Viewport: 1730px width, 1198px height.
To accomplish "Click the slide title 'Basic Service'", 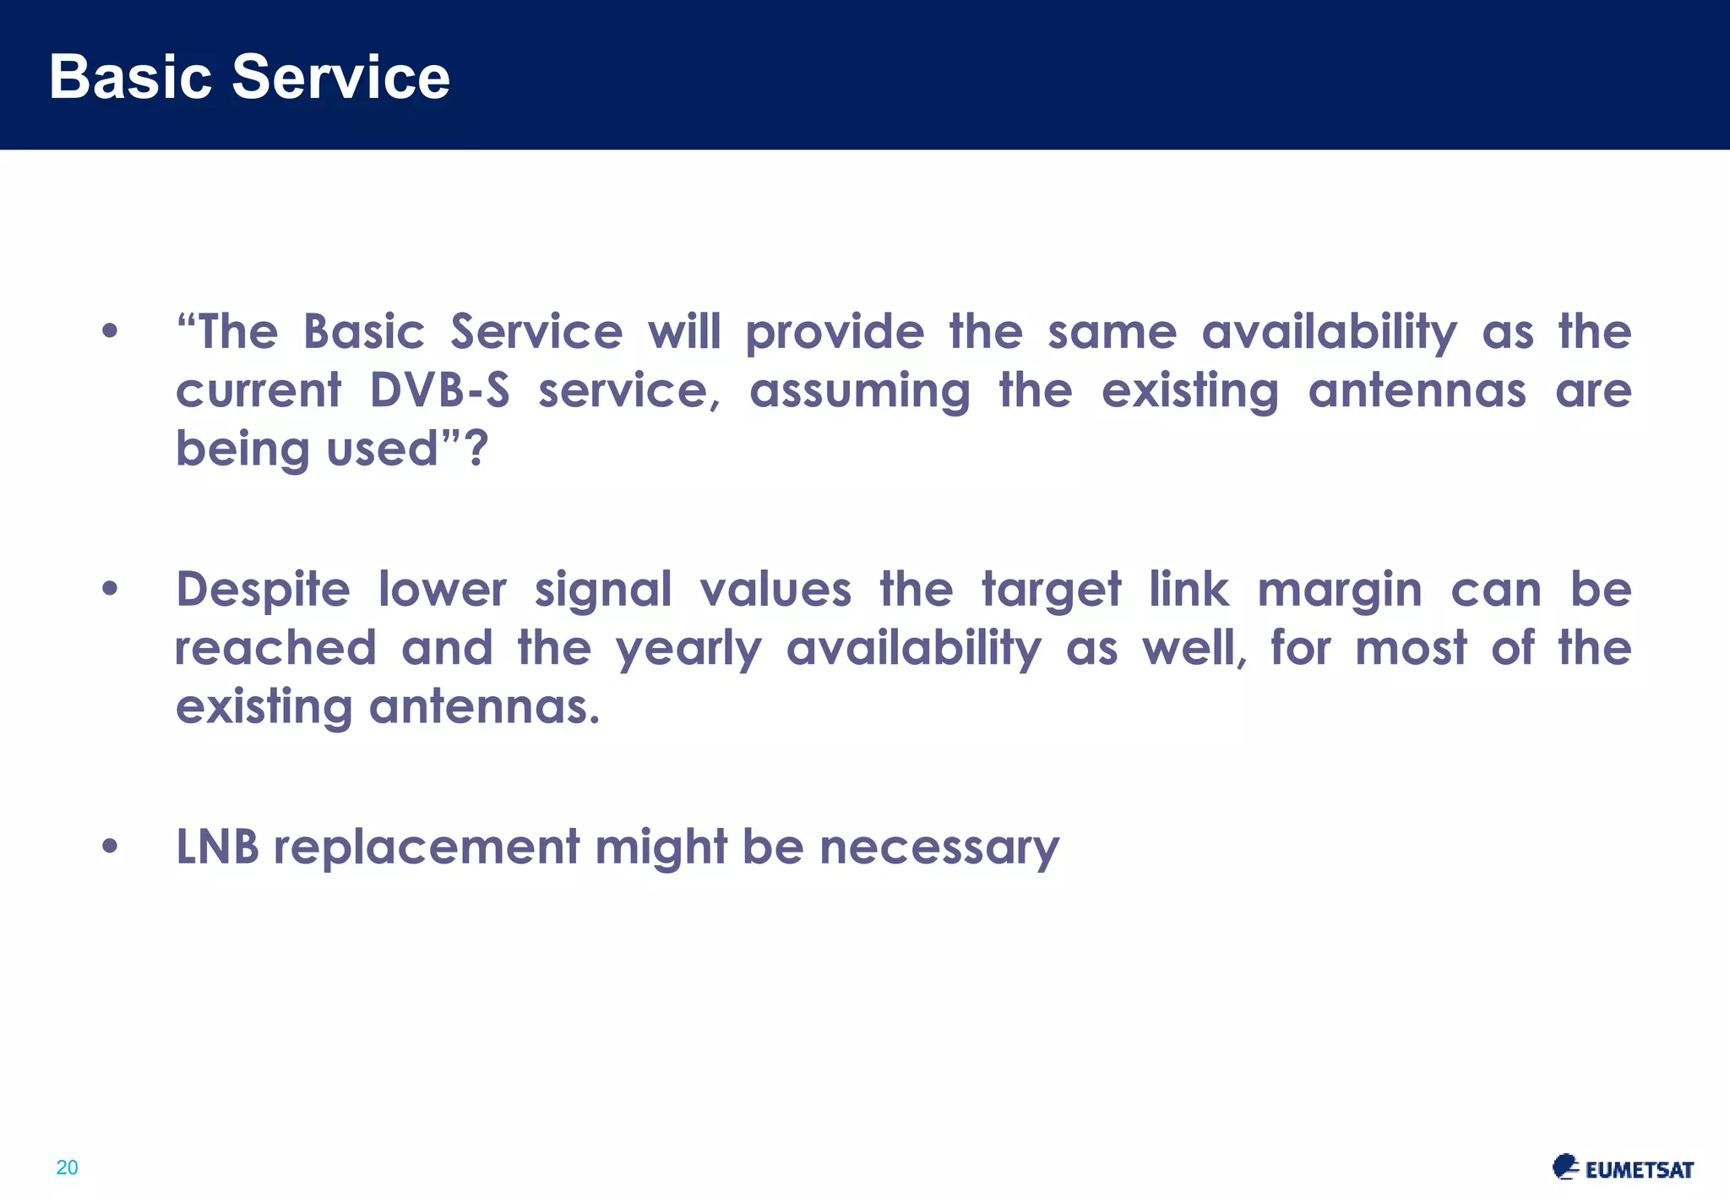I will coord(249,77).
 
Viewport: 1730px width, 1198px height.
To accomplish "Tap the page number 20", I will coord(67,1168).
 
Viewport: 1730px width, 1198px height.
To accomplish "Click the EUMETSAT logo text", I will coord(1639,1170).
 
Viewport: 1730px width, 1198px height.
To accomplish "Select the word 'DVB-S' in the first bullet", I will coord(440,391).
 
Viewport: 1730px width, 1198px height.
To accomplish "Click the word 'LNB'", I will coord(217,847).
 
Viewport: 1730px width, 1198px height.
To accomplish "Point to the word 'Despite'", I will coord(262,590).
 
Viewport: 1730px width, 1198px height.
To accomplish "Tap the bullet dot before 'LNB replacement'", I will coord(110,847).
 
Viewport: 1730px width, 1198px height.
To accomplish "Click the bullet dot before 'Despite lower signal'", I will coord(110,589).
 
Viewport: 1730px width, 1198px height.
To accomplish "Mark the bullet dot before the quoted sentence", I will coord(110,331).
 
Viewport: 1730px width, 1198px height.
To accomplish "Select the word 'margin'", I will coord(1340,590).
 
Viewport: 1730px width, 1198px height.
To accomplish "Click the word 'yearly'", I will coord(688,649).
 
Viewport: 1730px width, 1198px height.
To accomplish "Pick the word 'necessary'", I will coord(938,847).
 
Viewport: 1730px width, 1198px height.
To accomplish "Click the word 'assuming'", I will coord(860,392).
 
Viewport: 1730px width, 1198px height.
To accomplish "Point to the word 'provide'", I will coord(835,332).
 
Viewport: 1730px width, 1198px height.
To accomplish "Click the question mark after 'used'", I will coord(477,449).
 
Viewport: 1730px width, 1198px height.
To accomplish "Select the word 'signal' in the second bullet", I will coord(603,590).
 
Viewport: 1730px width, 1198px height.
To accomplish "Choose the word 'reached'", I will coord(275,649).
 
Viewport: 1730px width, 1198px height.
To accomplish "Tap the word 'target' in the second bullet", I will coord(1051,590).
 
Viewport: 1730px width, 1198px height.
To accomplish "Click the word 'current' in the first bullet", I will coord(258,391).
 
